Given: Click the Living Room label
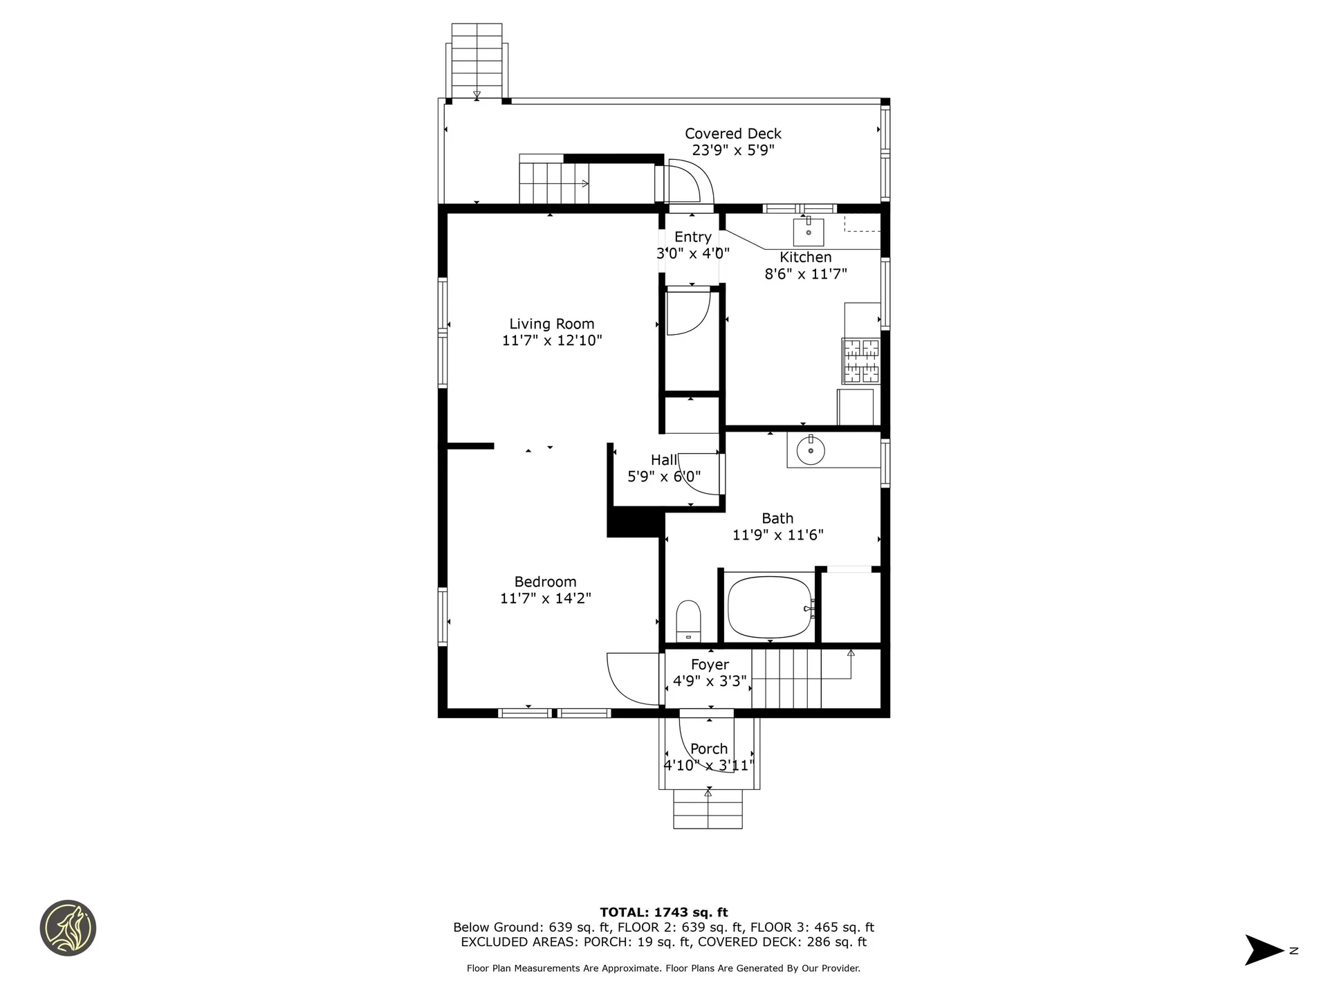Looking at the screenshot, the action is click(552, 324).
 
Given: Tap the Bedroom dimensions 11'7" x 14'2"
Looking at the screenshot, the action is click(546, 598).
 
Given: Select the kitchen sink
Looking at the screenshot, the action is click(809, 232).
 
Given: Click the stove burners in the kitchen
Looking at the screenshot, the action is click(861, 361).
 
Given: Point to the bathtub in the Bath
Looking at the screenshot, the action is click(771, 608).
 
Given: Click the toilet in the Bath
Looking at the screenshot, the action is click(688, 621).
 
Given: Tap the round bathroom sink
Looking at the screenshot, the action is click(811, 451).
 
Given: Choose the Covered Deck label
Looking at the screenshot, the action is click(733, 133).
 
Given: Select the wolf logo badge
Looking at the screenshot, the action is click(68, 928).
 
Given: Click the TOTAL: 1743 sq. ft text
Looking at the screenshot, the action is click(664, 912).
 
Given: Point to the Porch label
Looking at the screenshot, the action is click(709, 748).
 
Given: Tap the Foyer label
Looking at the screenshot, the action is click(710, 665).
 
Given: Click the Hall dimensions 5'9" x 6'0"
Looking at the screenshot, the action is click(664, 477).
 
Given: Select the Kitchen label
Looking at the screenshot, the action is click(806, 257).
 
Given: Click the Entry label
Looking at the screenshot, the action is click(693, 237).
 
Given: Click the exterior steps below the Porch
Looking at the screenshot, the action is click(708, 809).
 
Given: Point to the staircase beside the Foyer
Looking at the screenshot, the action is click(786, 679).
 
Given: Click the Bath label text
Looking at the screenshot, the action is click(777, 518).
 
